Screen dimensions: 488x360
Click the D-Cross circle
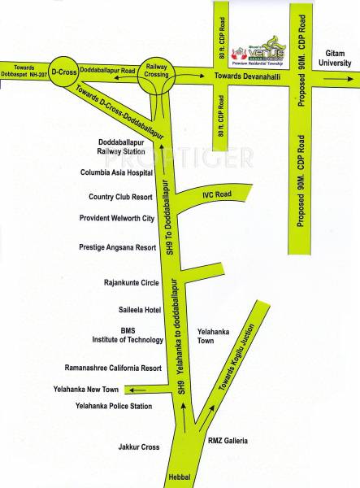tap(63, 72)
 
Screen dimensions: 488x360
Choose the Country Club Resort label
tap(121, 197)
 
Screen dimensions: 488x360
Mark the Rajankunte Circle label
tap(132, 283)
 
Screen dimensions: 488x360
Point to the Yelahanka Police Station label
tap(114, 405)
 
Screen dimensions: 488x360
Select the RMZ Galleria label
tap(228, 442)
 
